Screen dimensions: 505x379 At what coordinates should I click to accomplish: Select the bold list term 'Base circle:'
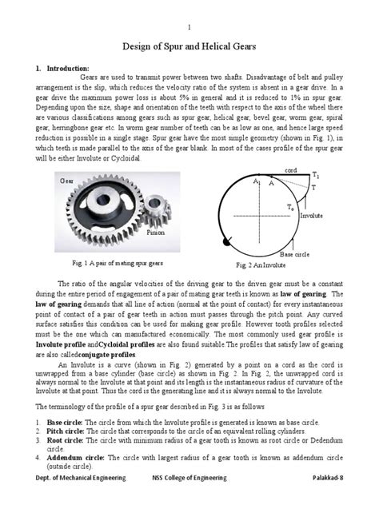tap(70, 420)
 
